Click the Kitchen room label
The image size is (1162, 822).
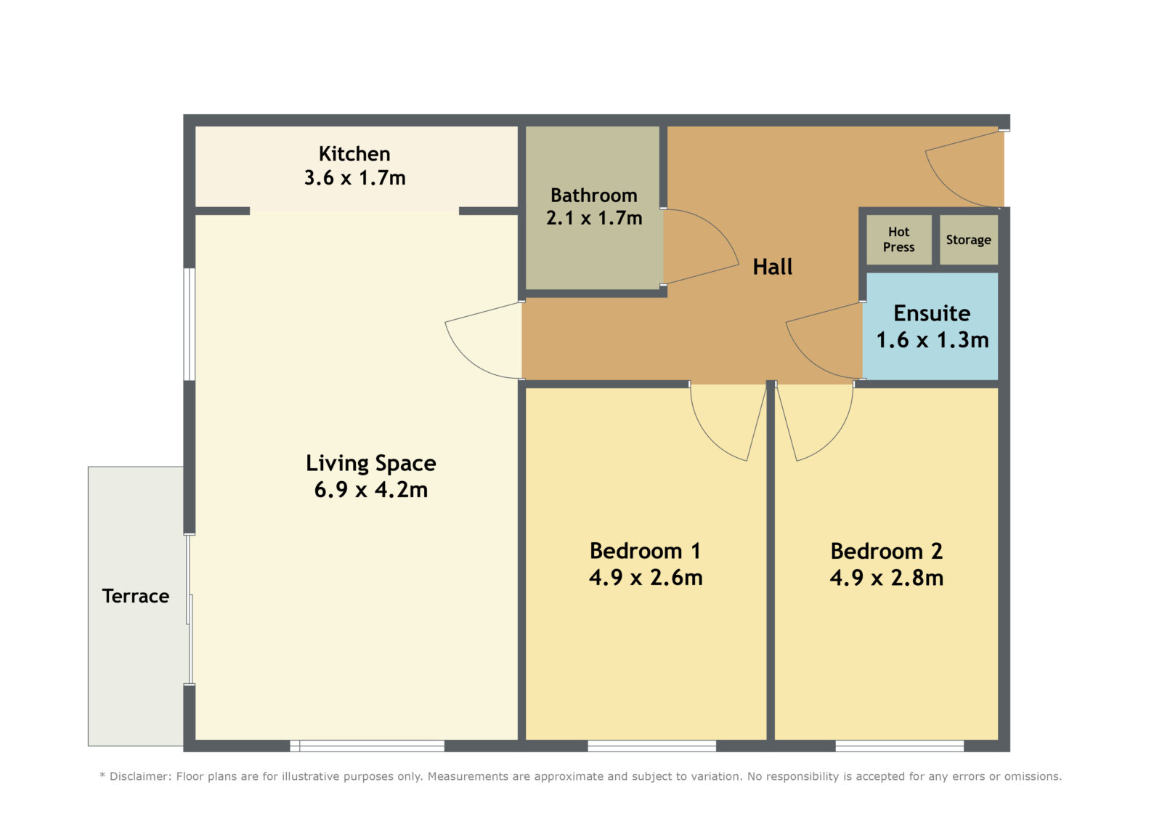point(354,153)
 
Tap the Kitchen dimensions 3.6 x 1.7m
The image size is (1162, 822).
point(355,177)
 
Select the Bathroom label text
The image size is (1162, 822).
point(594,196)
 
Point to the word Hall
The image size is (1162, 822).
point(773,267)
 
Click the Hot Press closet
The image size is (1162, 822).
point(899,239)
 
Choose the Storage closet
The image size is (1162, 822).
point(969,239)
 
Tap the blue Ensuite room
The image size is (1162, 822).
point(930,326)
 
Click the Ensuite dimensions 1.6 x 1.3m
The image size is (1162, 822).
point(933,340)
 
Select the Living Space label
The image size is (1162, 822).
point(371,463)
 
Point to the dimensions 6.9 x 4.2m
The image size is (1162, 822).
point(371,490)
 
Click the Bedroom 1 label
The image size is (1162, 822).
point(646,551)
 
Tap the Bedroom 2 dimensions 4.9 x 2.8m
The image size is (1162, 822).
point(887,578)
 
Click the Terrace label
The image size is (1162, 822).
point(135,596)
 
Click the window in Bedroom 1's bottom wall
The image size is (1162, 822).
point(651,746)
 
